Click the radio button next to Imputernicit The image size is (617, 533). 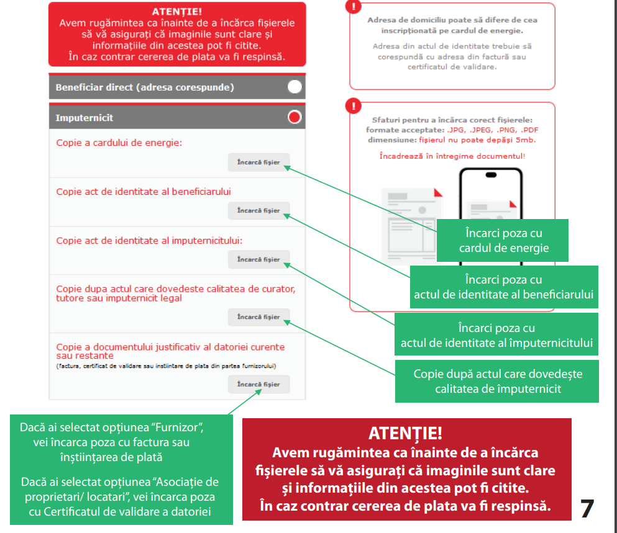(x=295, y=117)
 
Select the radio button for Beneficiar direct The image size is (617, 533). (x=295, y=87)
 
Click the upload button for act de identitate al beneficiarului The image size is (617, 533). (x=258, y=211)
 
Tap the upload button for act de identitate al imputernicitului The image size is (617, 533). (x=258, y=259)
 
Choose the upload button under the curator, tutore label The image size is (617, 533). (x=258, y=317)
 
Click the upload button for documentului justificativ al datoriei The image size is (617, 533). (x=258, y=385)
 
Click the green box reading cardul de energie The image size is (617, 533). (x=504, y=241)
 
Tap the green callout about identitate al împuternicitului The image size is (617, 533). (x=496, y=335)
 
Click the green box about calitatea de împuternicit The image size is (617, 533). (x=498, y=382)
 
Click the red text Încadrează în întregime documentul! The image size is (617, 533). (x=452, y=156)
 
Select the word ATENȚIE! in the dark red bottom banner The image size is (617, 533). (x=405, y=433)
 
